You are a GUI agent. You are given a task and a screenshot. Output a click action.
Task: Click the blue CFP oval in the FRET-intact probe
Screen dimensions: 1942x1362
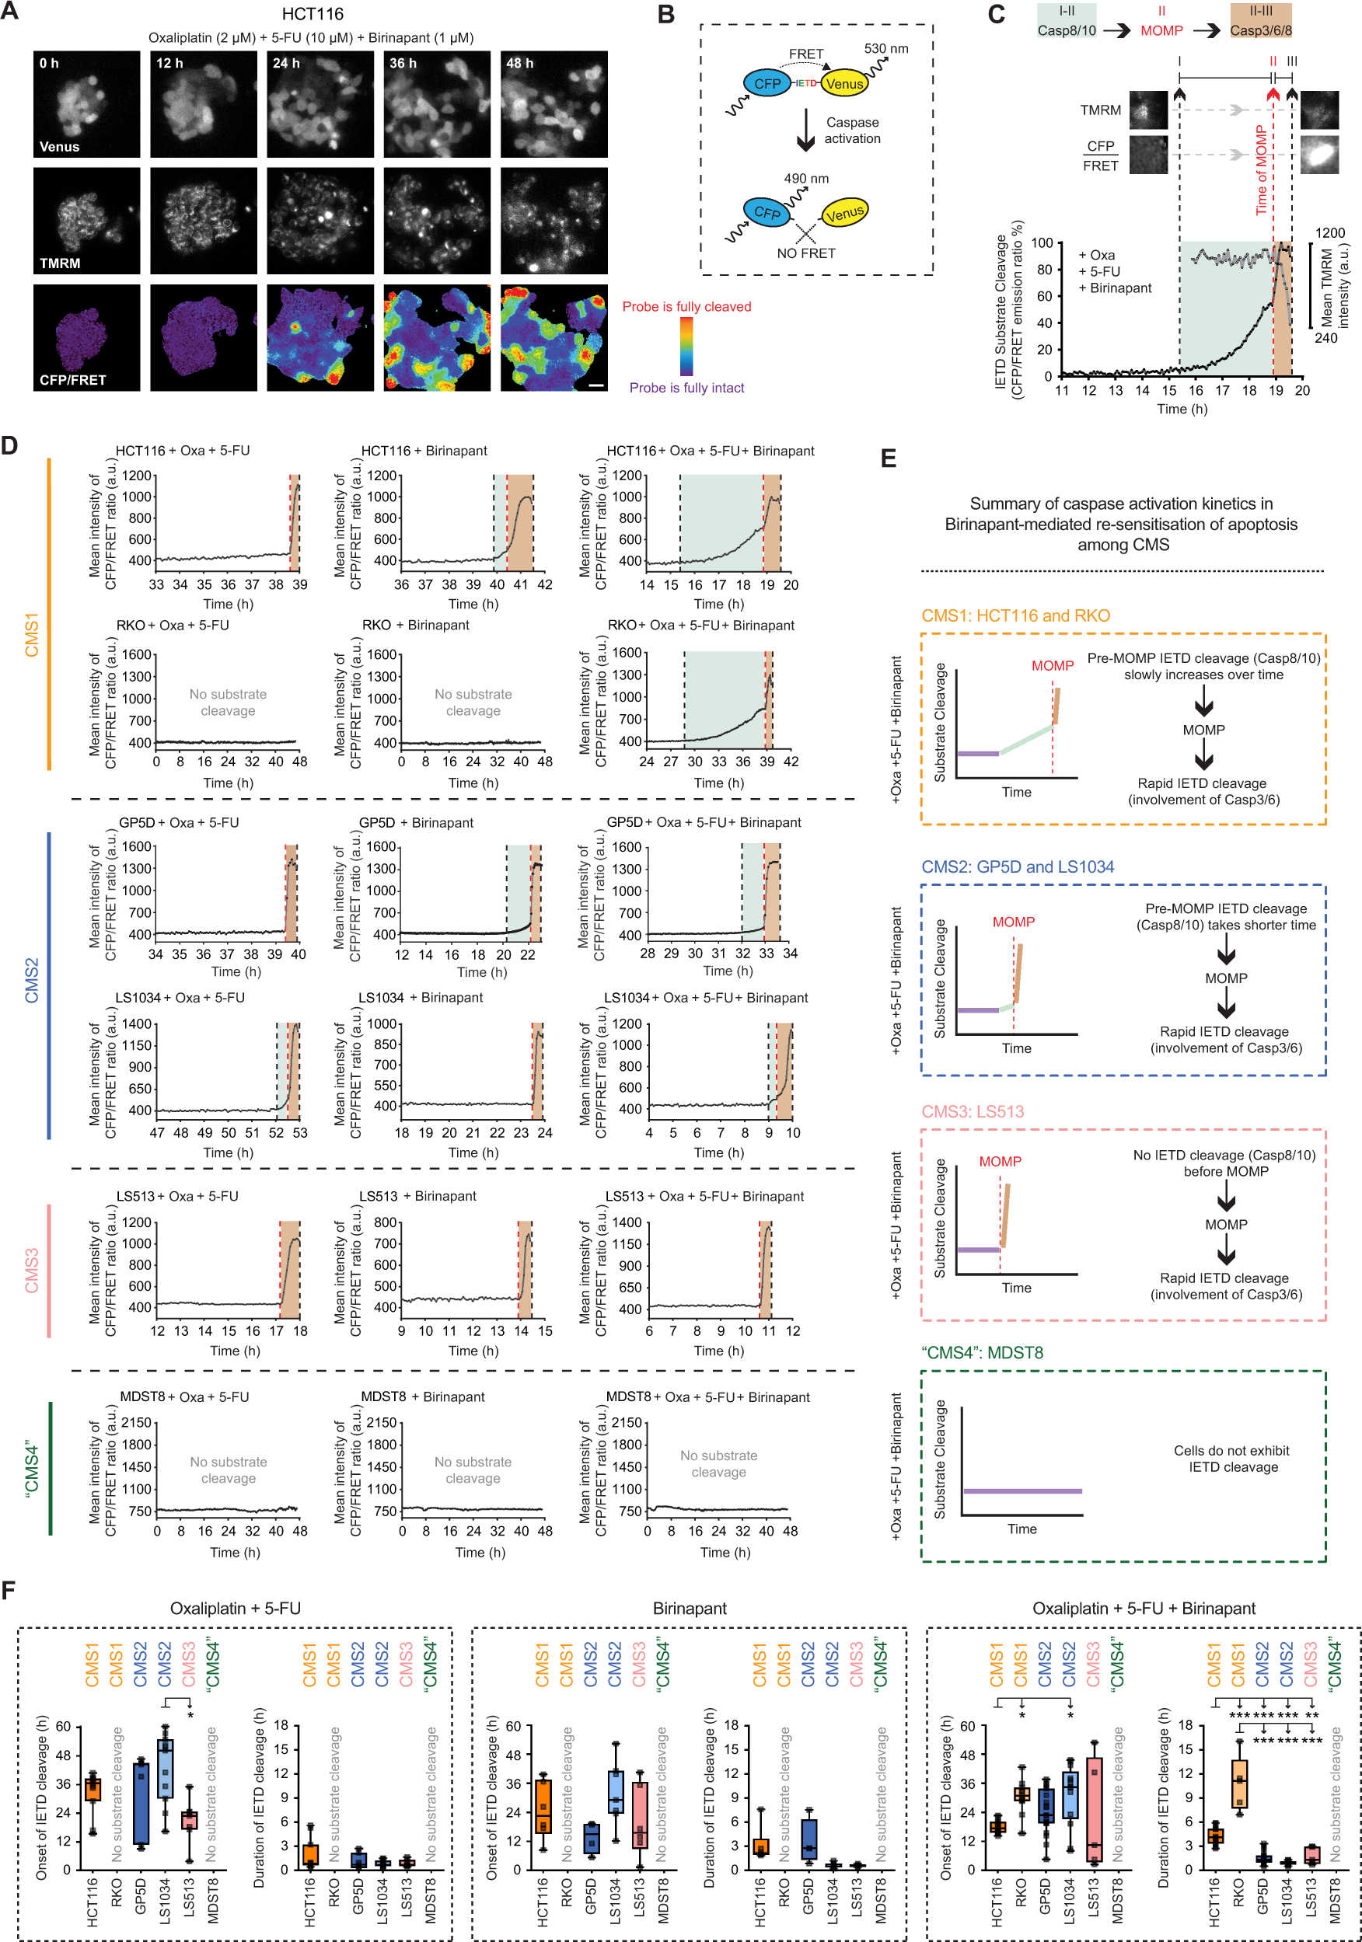point(767,84)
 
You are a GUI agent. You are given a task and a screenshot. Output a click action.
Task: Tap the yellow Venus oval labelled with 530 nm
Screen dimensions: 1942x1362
point(843,84)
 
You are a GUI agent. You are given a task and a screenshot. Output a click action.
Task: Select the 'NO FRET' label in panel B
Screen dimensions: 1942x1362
point(805,253)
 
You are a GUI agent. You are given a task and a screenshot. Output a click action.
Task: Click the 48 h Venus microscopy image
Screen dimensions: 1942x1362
point(554,104)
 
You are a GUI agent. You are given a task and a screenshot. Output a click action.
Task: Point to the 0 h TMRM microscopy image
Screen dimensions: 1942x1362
point(86,220)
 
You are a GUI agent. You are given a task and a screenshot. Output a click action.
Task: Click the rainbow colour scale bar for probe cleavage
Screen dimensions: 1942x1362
point(686,347)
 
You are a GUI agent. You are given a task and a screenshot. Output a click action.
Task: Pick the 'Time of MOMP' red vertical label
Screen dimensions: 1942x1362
point(1262,170)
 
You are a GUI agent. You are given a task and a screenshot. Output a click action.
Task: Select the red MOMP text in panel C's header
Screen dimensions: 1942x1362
point(1161,30)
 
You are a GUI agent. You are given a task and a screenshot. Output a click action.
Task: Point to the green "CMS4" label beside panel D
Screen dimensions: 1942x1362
point(32,1468)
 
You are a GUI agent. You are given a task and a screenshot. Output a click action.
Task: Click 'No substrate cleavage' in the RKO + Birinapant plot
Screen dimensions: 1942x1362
point(473,702)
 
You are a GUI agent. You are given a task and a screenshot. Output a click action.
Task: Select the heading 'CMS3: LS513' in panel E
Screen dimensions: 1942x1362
point(972,1111)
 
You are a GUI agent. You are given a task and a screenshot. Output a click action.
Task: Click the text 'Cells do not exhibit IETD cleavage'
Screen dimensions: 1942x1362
point(1231,1458)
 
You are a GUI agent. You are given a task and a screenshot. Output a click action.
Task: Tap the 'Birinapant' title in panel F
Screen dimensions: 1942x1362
point(689,1608)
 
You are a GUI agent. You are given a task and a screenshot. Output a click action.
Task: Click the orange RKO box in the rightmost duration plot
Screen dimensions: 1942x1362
point(1239,1783)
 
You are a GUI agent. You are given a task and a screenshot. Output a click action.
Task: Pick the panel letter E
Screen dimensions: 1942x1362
point(889,458)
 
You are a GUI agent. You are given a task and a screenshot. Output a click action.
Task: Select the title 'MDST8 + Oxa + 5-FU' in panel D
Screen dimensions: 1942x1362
point(184,1396)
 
